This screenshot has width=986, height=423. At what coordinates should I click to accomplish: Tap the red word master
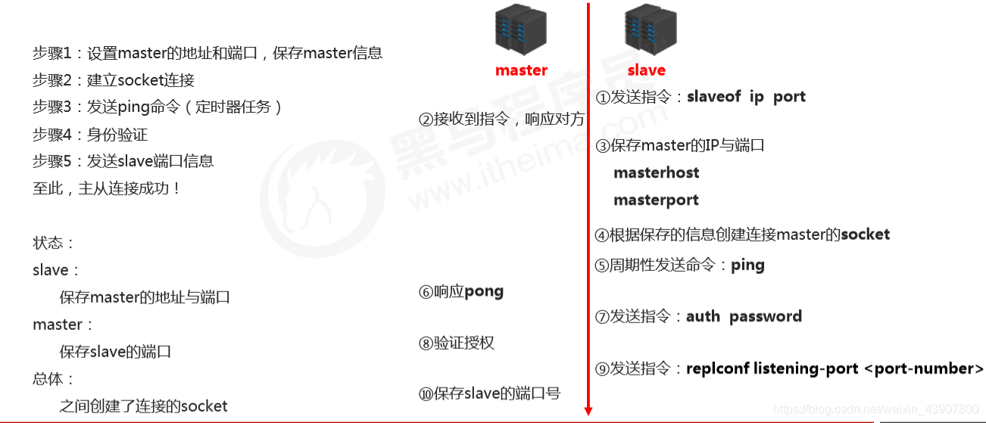pyautogui.click(x=521, y=70)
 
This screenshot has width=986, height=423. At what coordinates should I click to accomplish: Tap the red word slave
pyautogui.click(x=646, y=70)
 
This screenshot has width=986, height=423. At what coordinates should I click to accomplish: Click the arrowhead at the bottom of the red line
pyautogui.click(x=588, y=411)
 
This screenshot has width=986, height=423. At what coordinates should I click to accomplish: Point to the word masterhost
pyautogui.click(x=656, y=173)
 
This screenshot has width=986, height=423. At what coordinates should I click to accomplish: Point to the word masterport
pyautogui.click(x=656, y=200)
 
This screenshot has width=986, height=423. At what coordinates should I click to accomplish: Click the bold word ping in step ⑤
pyautogui.click(x=747, y=265)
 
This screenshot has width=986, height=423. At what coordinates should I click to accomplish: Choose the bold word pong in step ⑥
pyautogui.click(x=484, y=291)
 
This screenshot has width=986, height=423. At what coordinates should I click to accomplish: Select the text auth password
pyautogui.click(x=744, y=316)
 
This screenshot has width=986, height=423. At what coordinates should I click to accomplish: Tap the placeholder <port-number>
pyautogui.click(x=923, y=369)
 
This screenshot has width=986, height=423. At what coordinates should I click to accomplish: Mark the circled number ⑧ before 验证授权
pyautogui.click(x=426, y=344)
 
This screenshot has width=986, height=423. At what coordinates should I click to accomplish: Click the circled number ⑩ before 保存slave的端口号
pyautogui.click(x=426, y=393)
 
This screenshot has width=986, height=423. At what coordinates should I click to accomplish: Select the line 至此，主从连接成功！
pyautogui.click(x=107, y=188)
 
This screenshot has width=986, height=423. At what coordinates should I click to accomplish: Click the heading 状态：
pyautogui.click(x=54, y=243)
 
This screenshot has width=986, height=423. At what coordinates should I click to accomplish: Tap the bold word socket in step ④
pyautogui.click(x=865, y=235)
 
